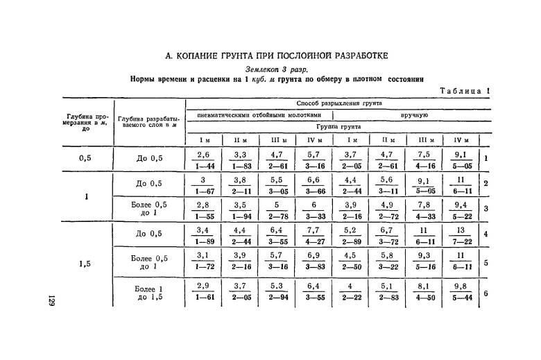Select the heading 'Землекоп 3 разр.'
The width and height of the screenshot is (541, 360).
(277, 69)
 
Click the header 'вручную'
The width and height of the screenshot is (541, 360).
(413, 115)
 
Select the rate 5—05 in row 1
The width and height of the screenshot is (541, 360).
(460, 166)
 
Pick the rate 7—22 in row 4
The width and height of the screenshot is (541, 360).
(460, 241)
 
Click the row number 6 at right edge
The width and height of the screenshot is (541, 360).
(486, 293)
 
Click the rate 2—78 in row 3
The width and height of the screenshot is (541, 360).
(275, 217)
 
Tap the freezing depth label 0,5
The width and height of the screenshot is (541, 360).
(85, 158)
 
